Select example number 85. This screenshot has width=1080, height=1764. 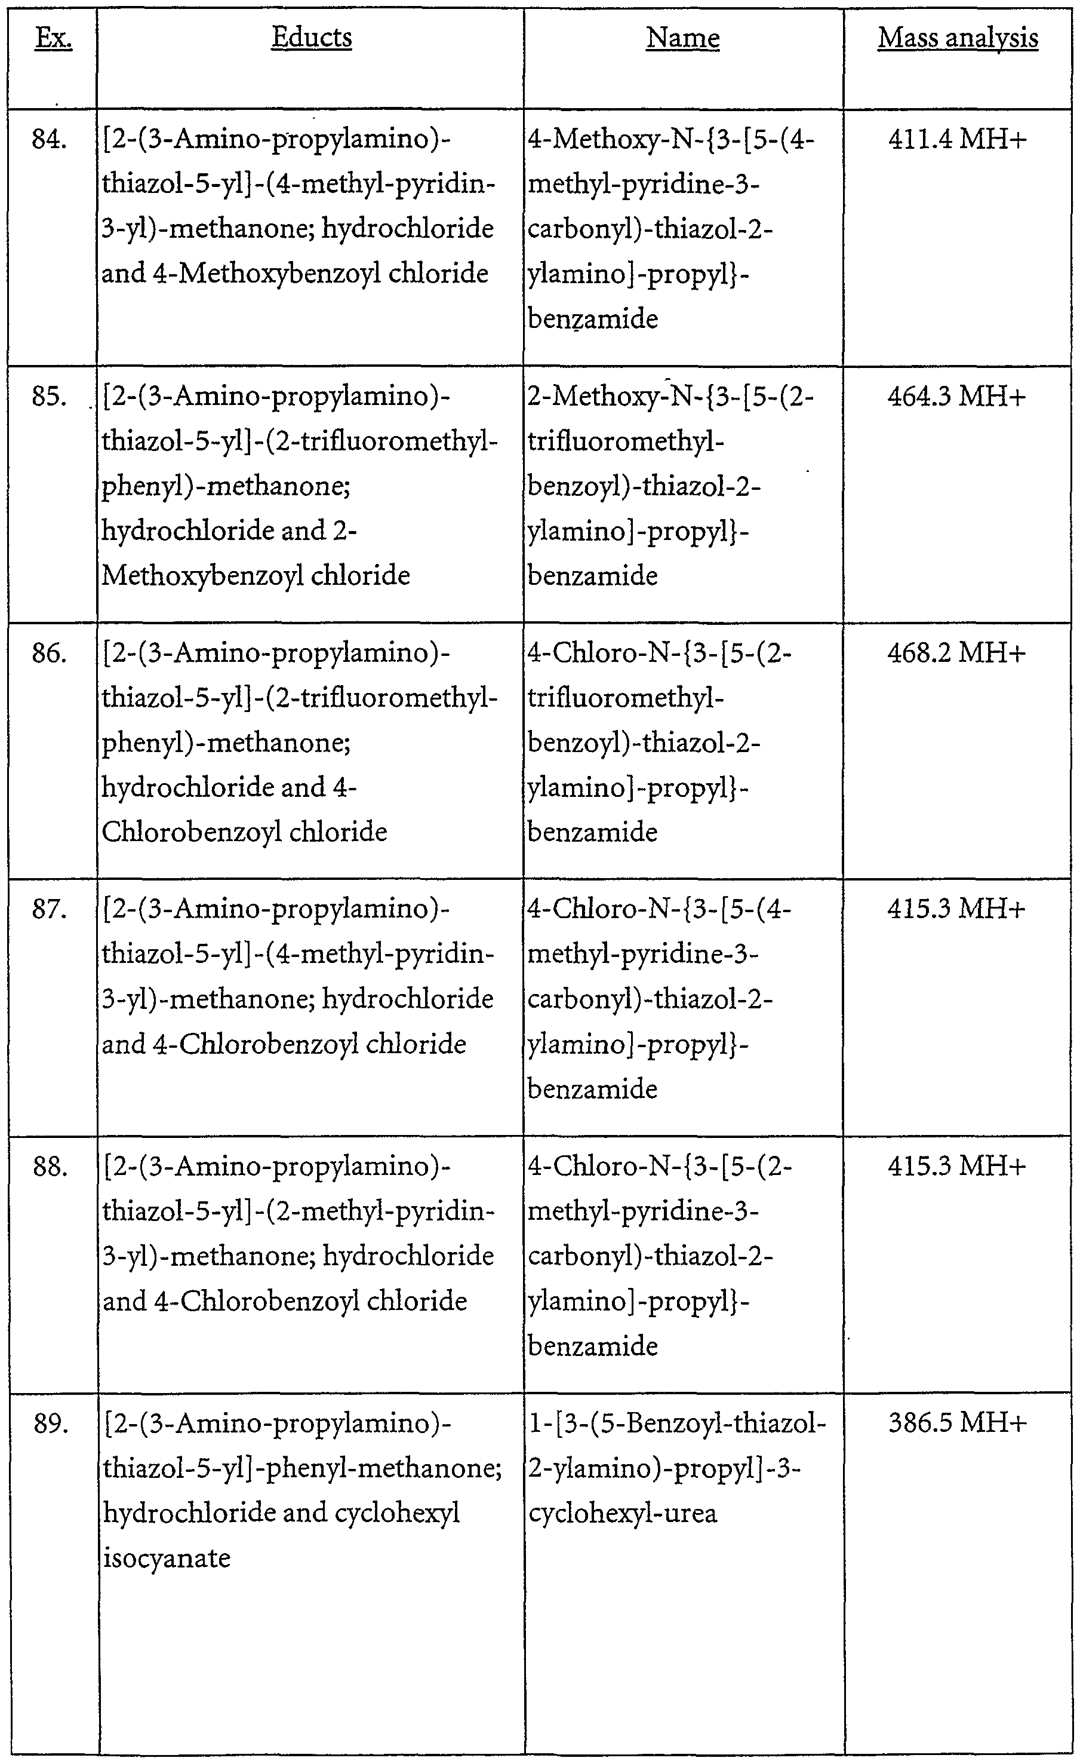50,396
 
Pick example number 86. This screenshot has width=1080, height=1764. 50,653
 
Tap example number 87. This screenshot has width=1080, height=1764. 50,909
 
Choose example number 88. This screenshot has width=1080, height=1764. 50,1167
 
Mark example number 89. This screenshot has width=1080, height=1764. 50,1424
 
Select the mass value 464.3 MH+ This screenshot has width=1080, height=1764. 957,396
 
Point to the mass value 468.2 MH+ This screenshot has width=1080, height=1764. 957,653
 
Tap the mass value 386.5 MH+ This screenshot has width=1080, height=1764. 957,1424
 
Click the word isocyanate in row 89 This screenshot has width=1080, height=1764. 166,1558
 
